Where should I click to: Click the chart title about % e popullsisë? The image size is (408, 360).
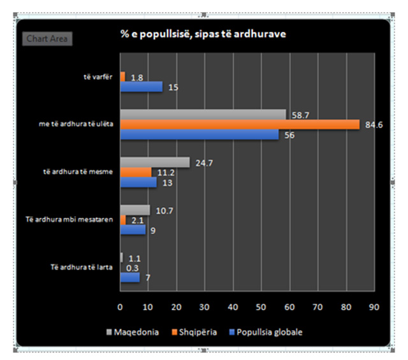(203, 34)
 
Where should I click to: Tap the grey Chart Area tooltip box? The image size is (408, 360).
(48, 39)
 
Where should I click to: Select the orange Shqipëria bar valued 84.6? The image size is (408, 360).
(240, 124)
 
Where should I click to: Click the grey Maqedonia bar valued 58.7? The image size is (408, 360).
(203, 115)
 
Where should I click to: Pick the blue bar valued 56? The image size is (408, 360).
(199, 134)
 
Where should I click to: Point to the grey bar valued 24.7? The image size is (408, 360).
(155, 162)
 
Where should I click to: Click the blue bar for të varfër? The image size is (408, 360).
(141, 87)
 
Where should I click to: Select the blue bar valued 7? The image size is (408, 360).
(129, 277)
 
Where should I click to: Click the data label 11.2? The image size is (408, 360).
(165, 172)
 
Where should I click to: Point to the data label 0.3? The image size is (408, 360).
(133, 268)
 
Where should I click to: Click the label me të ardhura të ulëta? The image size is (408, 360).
(76, 124)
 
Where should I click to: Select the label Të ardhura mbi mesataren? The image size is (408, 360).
(76, 220)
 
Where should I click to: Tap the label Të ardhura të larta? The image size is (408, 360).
(81, 267)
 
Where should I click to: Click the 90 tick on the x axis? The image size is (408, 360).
(374, 307)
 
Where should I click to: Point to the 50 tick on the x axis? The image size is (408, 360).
(261, 307)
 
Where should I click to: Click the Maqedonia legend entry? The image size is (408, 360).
(135, 332)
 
